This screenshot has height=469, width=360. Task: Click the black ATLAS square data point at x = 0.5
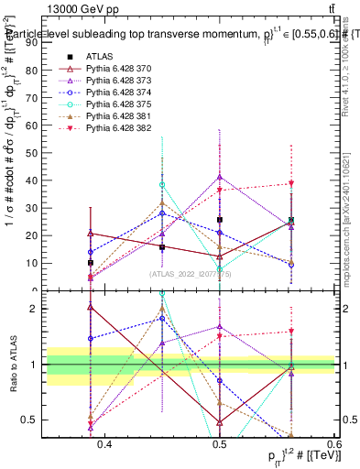coord(220,220)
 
